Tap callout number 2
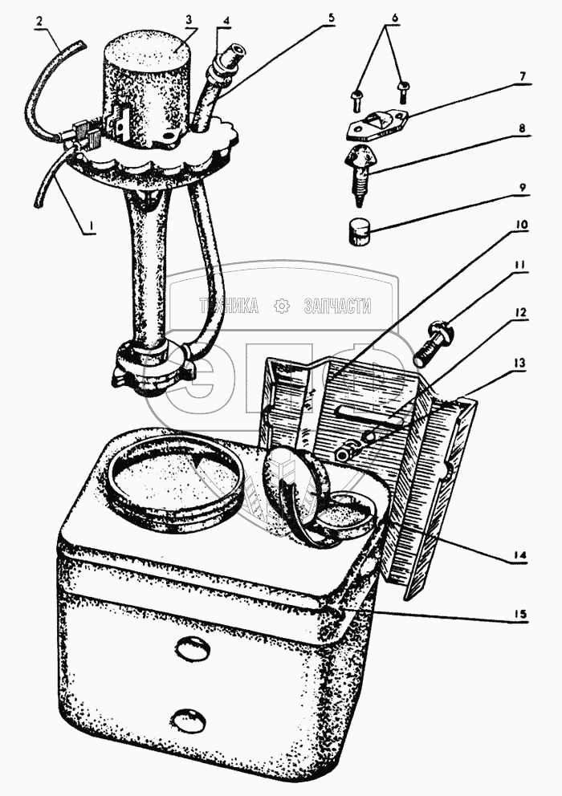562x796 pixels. (39, 21)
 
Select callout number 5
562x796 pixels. (331, 18)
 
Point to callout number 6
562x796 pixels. (395, 18)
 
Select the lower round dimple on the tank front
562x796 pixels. (189, 721)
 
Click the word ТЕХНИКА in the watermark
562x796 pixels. (229, 306)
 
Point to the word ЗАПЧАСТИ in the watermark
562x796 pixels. (337, 306)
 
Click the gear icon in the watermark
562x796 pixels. (281, 306)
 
